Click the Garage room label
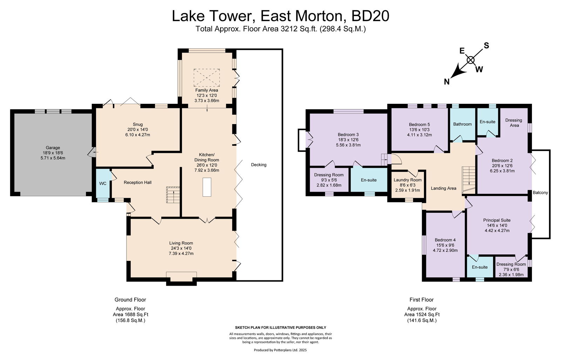coord(53,148)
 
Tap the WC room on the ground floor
coord(103,183)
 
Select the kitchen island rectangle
coord(207,187)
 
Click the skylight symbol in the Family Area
coord(207,78)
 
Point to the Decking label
coord(259,165)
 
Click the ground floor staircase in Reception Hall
coord(173,195)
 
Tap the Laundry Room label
coord(407,180)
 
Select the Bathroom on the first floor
coord(462,124)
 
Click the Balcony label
coord(540,192)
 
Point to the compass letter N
coord(447,82)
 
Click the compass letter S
coord(486,46)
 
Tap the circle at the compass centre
coord(471,60)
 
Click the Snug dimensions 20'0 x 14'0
coord(137,129)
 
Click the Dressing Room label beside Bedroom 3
coord(329,175)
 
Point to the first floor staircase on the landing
coord(468,180)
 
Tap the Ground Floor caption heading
coord(130,299)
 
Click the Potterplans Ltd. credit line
coord(280,350)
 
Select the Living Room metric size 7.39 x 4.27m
coord(181,253)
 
